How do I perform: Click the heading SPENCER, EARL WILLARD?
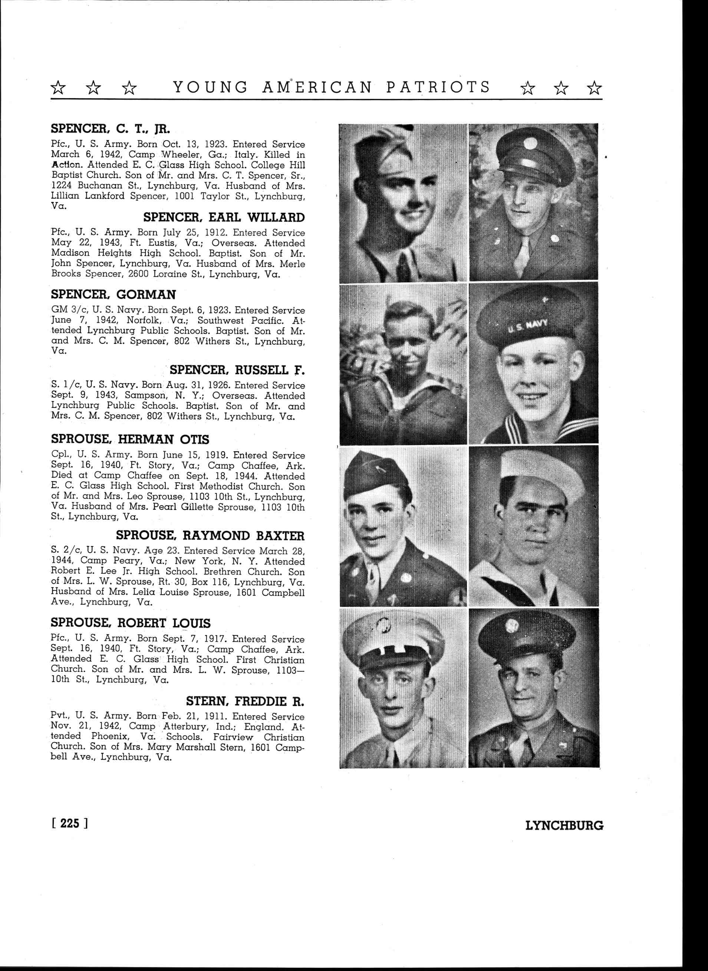(x=224, y=218)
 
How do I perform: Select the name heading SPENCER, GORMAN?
(x=113, y=295)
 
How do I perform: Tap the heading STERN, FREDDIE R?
(x=245, y=701)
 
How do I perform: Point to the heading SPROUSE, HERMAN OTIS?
(x=130, y=440)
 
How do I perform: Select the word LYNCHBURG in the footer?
(x=564, y=825)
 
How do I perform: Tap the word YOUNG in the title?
(x=210, y=88)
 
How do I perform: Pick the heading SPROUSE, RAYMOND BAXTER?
(x=210, y=536)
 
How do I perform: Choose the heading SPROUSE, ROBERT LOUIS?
(x=131, y=623)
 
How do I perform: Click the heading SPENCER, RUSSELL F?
(x=237, y=370)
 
